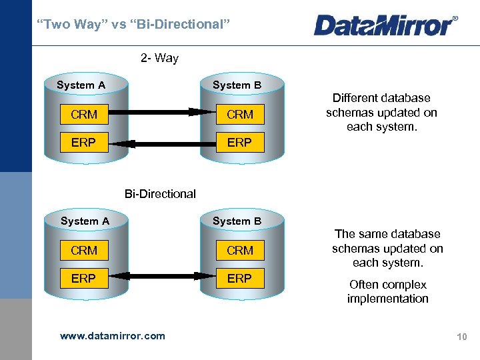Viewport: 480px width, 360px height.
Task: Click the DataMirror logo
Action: (385, 25)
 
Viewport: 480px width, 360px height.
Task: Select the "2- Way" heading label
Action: (160, 58)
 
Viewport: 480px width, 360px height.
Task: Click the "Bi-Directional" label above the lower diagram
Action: (160, 194)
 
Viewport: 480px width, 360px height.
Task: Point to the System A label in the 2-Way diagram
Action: (81, 85)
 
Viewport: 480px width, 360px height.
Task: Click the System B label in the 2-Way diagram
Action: (237, 85)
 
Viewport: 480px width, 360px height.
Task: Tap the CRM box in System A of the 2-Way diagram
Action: (83, 115)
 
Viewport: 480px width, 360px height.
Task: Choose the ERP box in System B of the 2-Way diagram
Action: (239, 143)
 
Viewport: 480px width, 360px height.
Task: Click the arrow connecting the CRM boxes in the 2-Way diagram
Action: (162, 112)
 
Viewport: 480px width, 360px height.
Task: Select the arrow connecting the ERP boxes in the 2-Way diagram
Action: (162, 143)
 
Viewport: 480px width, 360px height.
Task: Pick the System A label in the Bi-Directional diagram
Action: (85, 221)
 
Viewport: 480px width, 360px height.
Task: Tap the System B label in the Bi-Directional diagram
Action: (237, 221)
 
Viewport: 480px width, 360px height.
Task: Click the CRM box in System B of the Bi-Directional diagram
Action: (239, 251)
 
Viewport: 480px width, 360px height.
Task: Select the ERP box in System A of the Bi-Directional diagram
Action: (83, 278)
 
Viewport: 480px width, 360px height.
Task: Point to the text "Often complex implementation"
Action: (387, 291)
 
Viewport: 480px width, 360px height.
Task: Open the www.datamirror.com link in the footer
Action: (112, 335)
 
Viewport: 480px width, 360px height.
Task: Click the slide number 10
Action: (461, 337)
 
